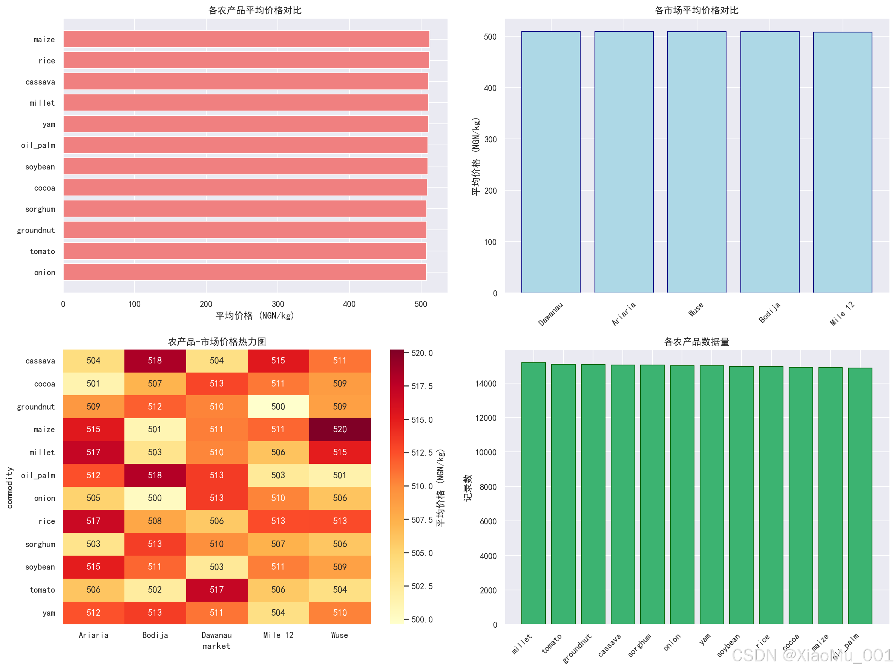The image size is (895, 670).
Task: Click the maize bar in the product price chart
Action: pyautogui.click(x=246, y=39)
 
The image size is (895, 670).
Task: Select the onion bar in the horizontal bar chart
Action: pyautogui.click(x=244, y=272)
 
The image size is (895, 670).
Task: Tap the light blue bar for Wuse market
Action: pyautogui.click(x=696, y=162)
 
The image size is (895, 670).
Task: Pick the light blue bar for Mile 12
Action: pyautogui.click(x=842, y=162)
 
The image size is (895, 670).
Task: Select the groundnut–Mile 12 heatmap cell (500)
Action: pyautogui.click(x=278, y=407)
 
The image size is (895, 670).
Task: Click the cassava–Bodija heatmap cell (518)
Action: pyautogui.click(x=155, y=360)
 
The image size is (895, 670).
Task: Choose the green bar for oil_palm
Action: pyautogui.click(x=860, y=496)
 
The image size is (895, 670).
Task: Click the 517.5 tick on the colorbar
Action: pyautogui.click(x=421, y=387)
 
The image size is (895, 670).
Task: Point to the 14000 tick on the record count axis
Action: pyautogui.click(x=486, y=384)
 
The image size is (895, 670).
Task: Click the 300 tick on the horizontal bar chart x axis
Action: pyautogui.click(x=277, y=304)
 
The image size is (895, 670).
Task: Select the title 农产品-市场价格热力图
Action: pyautogui.click(x=217, y=342)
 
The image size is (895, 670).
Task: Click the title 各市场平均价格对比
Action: pyautogui.click(x=696, y=10)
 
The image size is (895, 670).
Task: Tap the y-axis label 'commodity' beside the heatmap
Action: pyautogui.click(x=10, y=487)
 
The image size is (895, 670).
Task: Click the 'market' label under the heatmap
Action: pyautogui.click(x=216, y=646)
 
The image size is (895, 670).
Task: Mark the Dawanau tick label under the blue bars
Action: pyautogui.click(x=550, y=314)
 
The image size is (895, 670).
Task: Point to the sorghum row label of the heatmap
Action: pyautogui.click(x=40, y=544)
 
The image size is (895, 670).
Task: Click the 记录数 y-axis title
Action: pyautogui.click(x=468, y=487)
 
